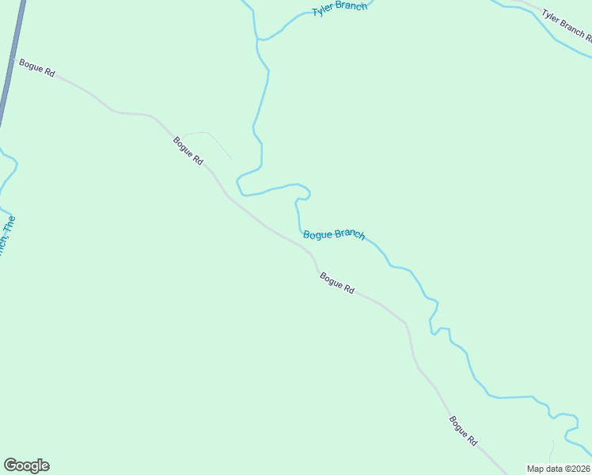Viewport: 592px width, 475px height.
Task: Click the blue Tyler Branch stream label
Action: click(340, 9)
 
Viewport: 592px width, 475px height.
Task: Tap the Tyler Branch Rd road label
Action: click(566, 25)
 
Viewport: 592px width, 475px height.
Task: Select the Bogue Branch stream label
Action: click(334, 234)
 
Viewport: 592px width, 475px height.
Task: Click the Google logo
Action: click(26, 465)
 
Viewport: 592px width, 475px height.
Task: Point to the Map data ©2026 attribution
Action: click(559, 469)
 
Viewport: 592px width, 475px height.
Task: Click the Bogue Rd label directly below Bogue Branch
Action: click(337, 283)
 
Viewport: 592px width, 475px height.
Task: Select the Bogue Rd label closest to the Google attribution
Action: click(463, 430)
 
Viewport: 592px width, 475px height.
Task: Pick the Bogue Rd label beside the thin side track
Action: click(188, 150)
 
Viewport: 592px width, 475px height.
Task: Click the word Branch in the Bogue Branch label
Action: click(349, 234)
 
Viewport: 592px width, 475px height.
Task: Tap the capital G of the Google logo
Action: click(10, 465)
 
